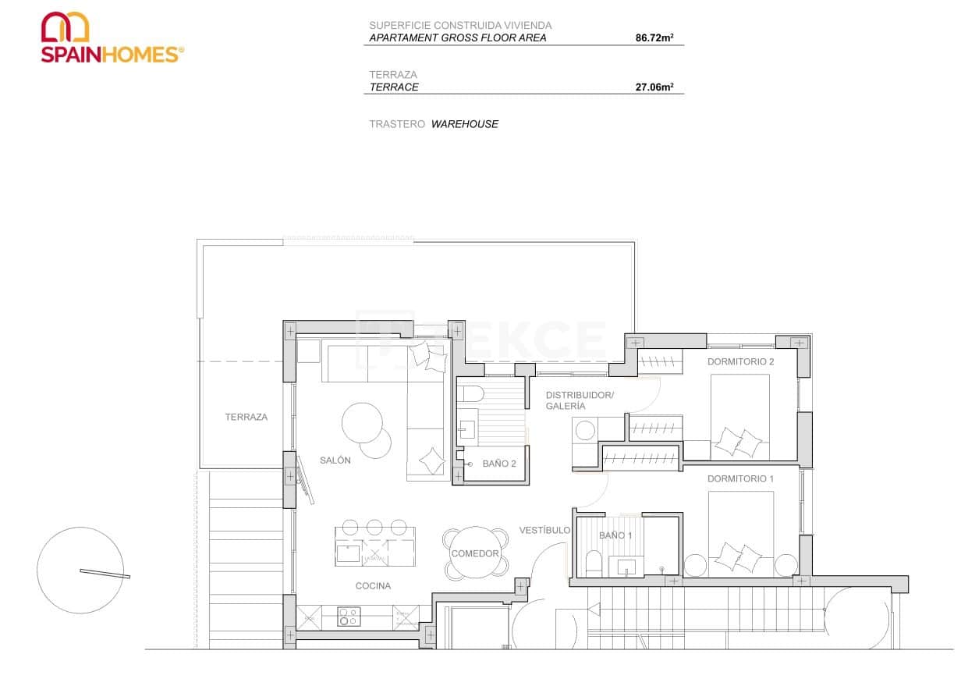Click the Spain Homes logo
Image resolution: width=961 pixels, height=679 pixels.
(x=112, y=37)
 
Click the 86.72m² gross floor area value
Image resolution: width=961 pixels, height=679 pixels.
(x=654, y=37)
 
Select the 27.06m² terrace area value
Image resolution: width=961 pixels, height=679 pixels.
(x=654, y=87)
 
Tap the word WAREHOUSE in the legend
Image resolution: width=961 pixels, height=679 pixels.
(x=465, y=124)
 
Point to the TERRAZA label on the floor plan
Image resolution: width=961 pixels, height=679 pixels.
(x=246, y=418)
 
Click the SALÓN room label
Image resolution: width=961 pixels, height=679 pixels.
(x=335, y=460)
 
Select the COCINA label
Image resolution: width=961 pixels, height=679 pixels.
(x=373, y=586)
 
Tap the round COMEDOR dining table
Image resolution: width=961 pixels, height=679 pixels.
(x=475, y=553)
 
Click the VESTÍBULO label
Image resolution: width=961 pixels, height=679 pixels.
(x=544, y=531)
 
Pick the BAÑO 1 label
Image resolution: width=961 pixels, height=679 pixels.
(x=615, y=535)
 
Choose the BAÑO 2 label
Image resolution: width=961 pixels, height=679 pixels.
(x=499, y=464)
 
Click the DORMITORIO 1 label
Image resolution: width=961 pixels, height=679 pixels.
(x=740, y=479)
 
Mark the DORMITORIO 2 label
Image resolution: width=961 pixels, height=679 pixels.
(x=740, y=362)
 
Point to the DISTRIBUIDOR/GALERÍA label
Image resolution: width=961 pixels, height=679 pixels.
(x=580, y=400)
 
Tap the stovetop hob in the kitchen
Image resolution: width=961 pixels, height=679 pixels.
(x=348, y=617)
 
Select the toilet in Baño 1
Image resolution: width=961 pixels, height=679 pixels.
(x=594, y=564)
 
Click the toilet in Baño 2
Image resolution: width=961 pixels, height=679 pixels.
(x=471, y=393)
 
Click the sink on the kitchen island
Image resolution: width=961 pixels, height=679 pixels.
(x=348, y=554)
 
